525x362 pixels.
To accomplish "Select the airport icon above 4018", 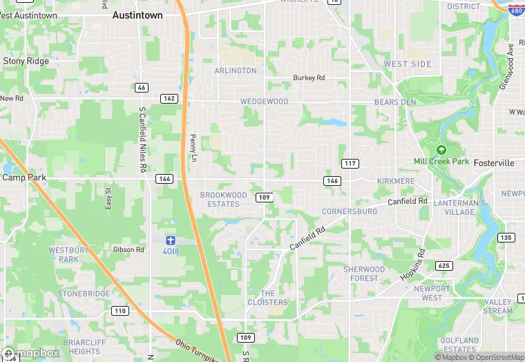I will (x=171, y=240).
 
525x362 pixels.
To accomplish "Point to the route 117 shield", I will (x=350, y=162).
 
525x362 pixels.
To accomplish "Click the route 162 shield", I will (x=169, y=99).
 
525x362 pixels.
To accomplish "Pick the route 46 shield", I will (x=142, y=88).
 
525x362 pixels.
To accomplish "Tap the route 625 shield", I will (x=443, y=266).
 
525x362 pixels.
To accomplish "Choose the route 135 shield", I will (x=506, y=238).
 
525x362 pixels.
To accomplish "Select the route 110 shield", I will (x=120, y=311).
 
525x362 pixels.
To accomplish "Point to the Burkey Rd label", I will (x=309, y=78).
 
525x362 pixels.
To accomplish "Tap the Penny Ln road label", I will (x=193, y=149).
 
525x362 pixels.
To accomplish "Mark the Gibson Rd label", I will (x=128, y=249).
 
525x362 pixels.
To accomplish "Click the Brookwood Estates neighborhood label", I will (x=223, y=200).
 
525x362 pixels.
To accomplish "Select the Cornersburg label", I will (x=350, y=211).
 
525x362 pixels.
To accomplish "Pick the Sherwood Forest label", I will (x=364, y=274).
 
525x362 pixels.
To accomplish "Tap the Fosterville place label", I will (x=494, y=162).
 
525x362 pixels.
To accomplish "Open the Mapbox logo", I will (x=31, y=353).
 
